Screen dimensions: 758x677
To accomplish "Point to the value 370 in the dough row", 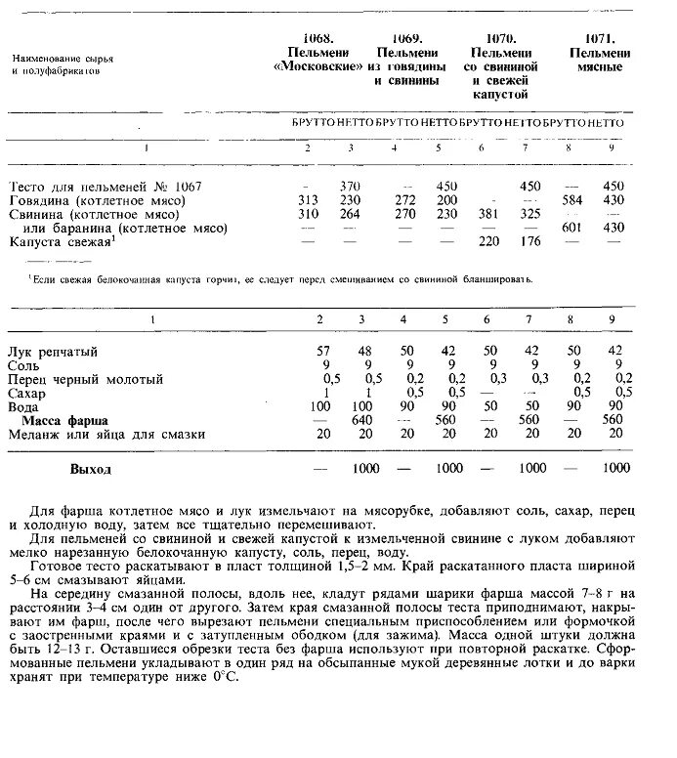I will pyautogui.click(x=352, y=187).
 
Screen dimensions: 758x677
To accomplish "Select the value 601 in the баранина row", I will pyautogui.click(x=571, y=228).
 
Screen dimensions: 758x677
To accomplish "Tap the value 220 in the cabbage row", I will pyautogui.click(x=485, y=241).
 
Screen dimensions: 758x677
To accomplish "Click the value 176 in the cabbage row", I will pyautogui.click(x=529, y=241).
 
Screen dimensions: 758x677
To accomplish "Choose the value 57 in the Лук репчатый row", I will pyautogui.click(x=323, y=351).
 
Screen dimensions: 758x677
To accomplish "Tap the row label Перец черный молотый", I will pyautogui.click(x=85, y=378).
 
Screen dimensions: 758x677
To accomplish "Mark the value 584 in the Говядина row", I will pyautogui.click(x=571, y=200).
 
